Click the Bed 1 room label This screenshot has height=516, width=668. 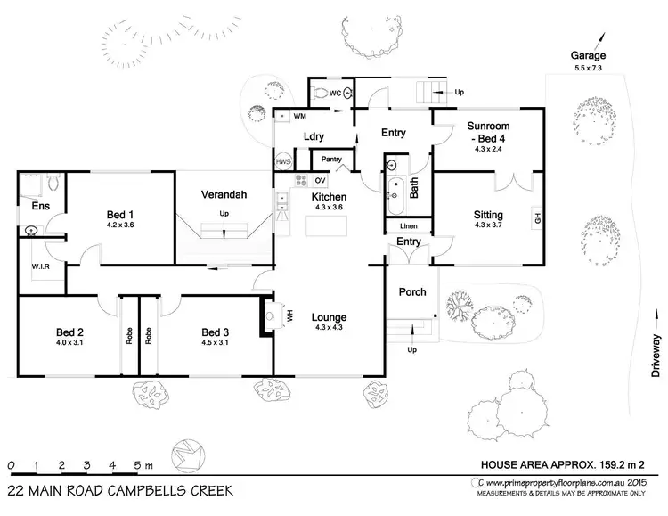pos(120,215)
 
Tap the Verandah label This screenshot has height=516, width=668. pos(223,195)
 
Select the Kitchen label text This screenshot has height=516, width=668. pos(329,197)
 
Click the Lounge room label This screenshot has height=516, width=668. pos(329,317)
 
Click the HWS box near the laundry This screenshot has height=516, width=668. pos(283,161)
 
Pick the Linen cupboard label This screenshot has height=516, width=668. pos(408,225)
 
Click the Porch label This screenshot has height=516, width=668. pos(412,291)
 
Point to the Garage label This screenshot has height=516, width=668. pos(589,54)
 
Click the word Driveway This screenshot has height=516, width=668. pos(656,357)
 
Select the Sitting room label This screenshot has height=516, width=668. pos(488,215)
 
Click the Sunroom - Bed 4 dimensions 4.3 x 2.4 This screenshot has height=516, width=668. pos(488,150)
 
